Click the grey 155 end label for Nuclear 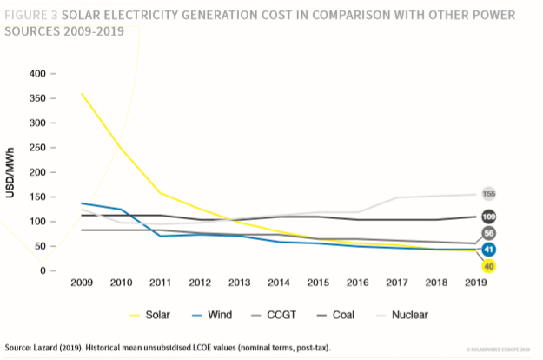[490, 193]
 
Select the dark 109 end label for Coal [490, 216]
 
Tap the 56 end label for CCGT [490, 234]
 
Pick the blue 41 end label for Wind [490, 250]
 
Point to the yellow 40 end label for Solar [489, 265]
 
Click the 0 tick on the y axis [42, 271]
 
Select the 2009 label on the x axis [81, 284]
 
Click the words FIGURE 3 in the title [35, 16]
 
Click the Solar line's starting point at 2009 [81, 93]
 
